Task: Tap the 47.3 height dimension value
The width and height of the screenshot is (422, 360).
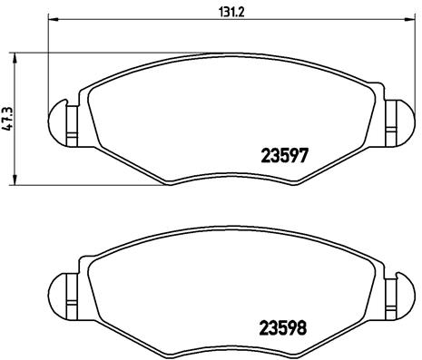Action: pos(8,119)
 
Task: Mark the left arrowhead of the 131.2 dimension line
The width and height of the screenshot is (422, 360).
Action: pos(51,18)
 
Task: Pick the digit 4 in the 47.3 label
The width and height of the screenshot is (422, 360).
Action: pos(8,129)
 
